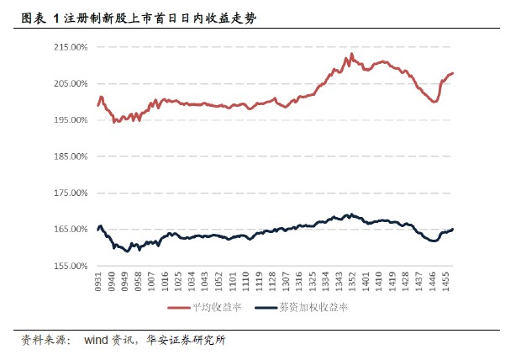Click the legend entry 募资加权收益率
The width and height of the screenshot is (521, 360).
coord(315,308)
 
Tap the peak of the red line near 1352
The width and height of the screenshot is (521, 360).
coord(351,54)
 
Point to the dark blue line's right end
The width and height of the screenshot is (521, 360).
coord(453,229)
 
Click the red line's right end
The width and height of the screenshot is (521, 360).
coord(453,73)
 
